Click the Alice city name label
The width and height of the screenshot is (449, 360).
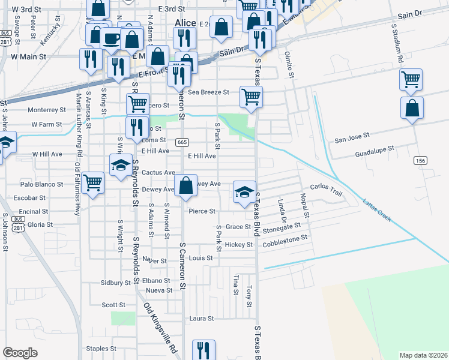tap(185, 23)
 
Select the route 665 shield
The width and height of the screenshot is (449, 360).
tap(182, 142)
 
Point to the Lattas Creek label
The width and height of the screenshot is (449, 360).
tap(377, 211)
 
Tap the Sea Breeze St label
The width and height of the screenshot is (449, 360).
tap(209, 92)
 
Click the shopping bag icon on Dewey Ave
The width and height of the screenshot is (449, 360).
tap(186, 186)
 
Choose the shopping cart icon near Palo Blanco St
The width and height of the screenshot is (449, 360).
tap(92, 182)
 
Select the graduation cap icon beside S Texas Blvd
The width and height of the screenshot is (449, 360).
tap(244, 192)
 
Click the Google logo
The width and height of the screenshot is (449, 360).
tap(20, 353)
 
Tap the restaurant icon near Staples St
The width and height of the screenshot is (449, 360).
tap(203, 350)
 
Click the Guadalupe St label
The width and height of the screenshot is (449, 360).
tap(374, 148)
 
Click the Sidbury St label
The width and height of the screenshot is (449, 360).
tap(116, 282)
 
